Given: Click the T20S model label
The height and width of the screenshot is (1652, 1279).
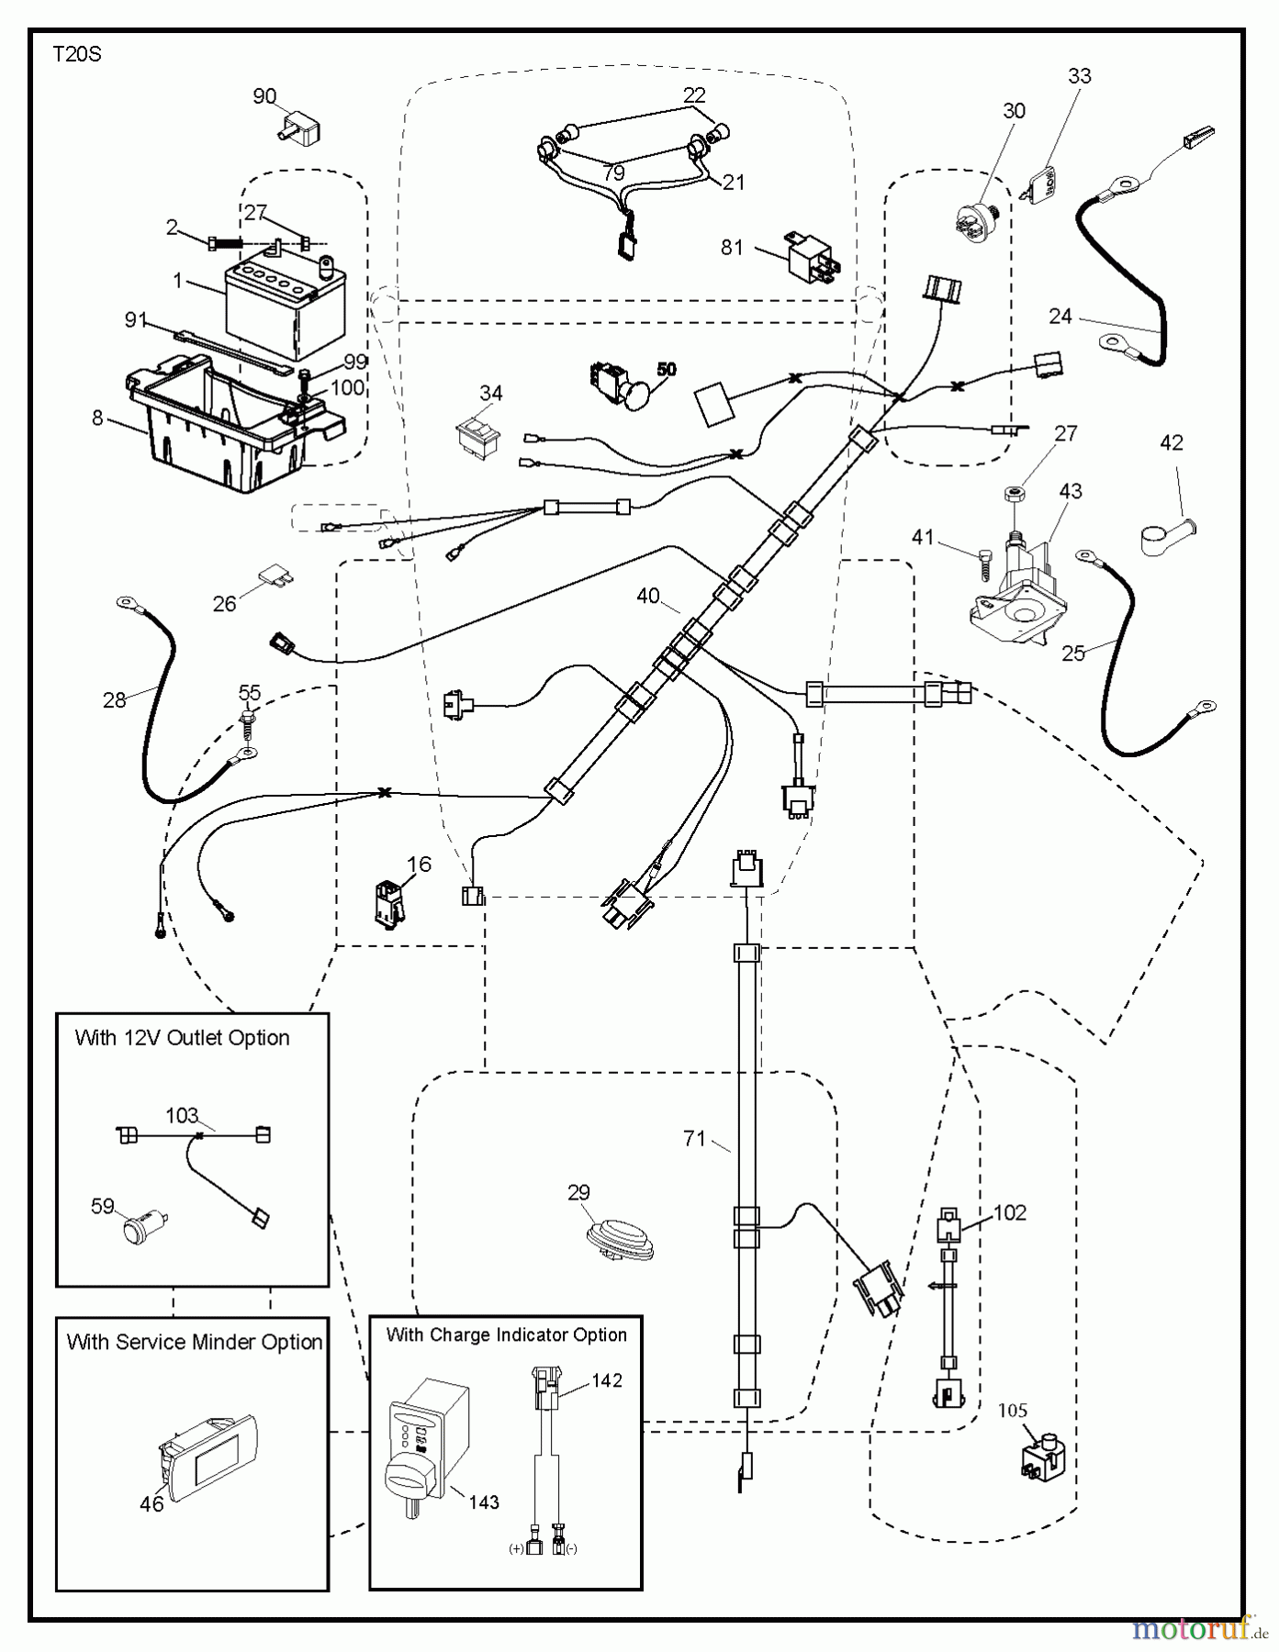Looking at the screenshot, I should pos(76,55).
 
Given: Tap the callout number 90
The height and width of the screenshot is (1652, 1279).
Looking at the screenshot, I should pos(264,96).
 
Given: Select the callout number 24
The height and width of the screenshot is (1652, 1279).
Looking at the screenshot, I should pos(1060,317).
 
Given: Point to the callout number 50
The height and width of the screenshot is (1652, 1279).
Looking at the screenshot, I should pos(666,369).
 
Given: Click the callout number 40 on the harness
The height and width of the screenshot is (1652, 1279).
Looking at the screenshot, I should pos(648,597).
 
